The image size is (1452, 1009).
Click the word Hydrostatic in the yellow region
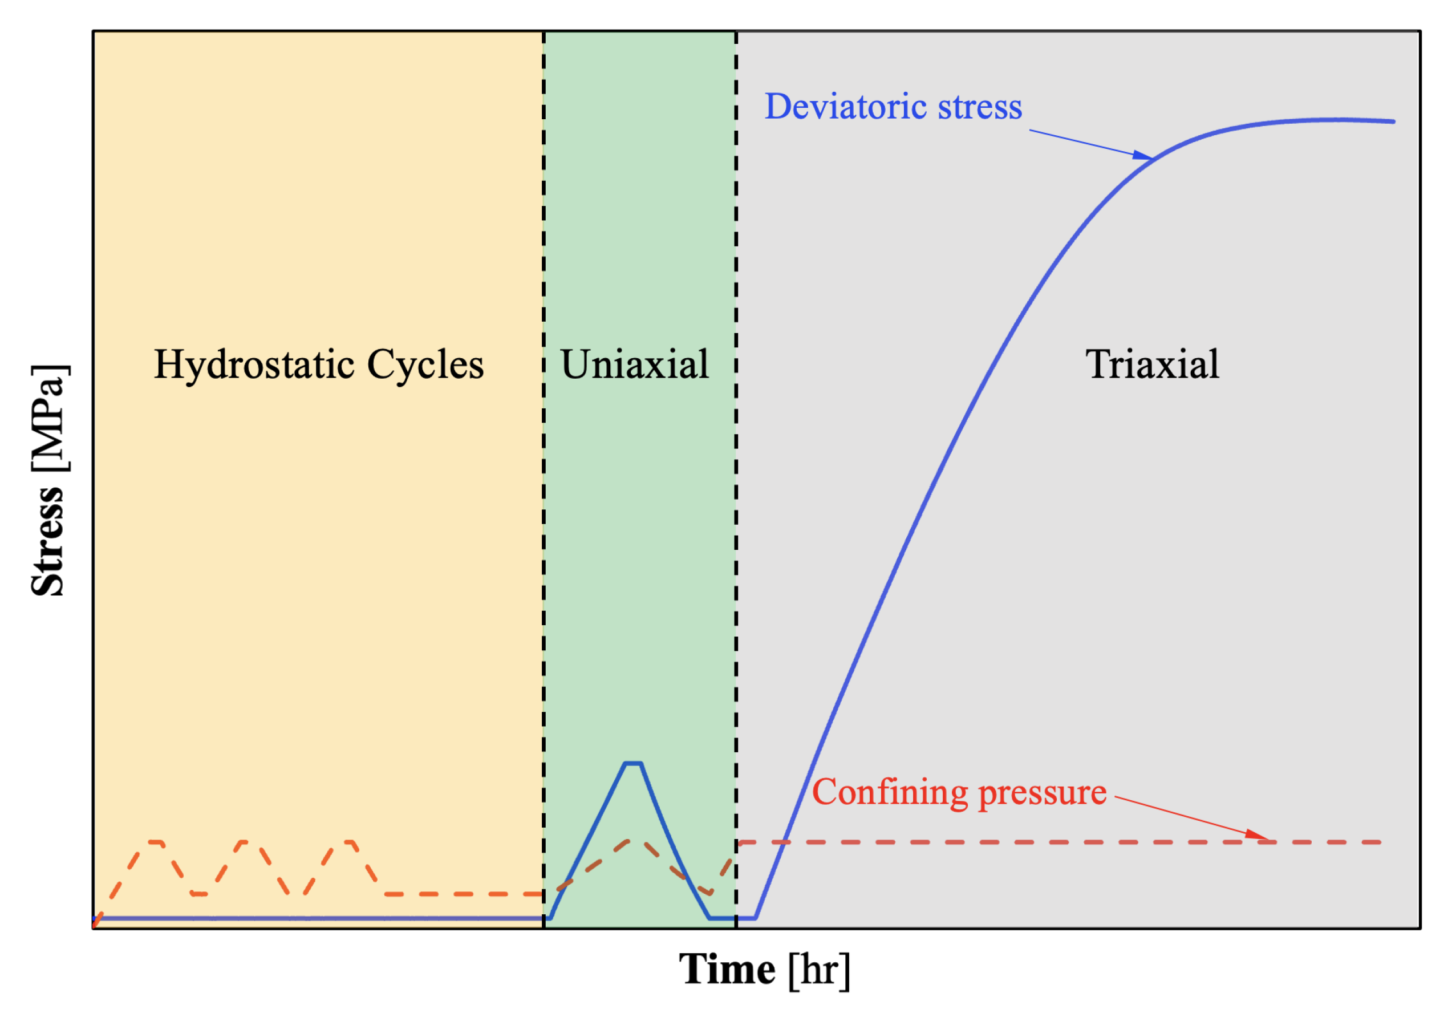(x=255, y=365)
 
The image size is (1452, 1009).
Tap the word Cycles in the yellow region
(x=425, y=365)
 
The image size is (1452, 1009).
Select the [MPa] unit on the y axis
(x=49, y=418)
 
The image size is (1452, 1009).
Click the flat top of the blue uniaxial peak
(x=633, y=764)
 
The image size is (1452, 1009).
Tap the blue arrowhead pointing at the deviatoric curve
(x=1142, y=155)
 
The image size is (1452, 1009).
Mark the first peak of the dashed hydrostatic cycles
(x=156, y=842)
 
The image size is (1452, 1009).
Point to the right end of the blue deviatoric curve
(x=1393, y=121)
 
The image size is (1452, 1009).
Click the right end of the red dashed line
(x=1380, y=842)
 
